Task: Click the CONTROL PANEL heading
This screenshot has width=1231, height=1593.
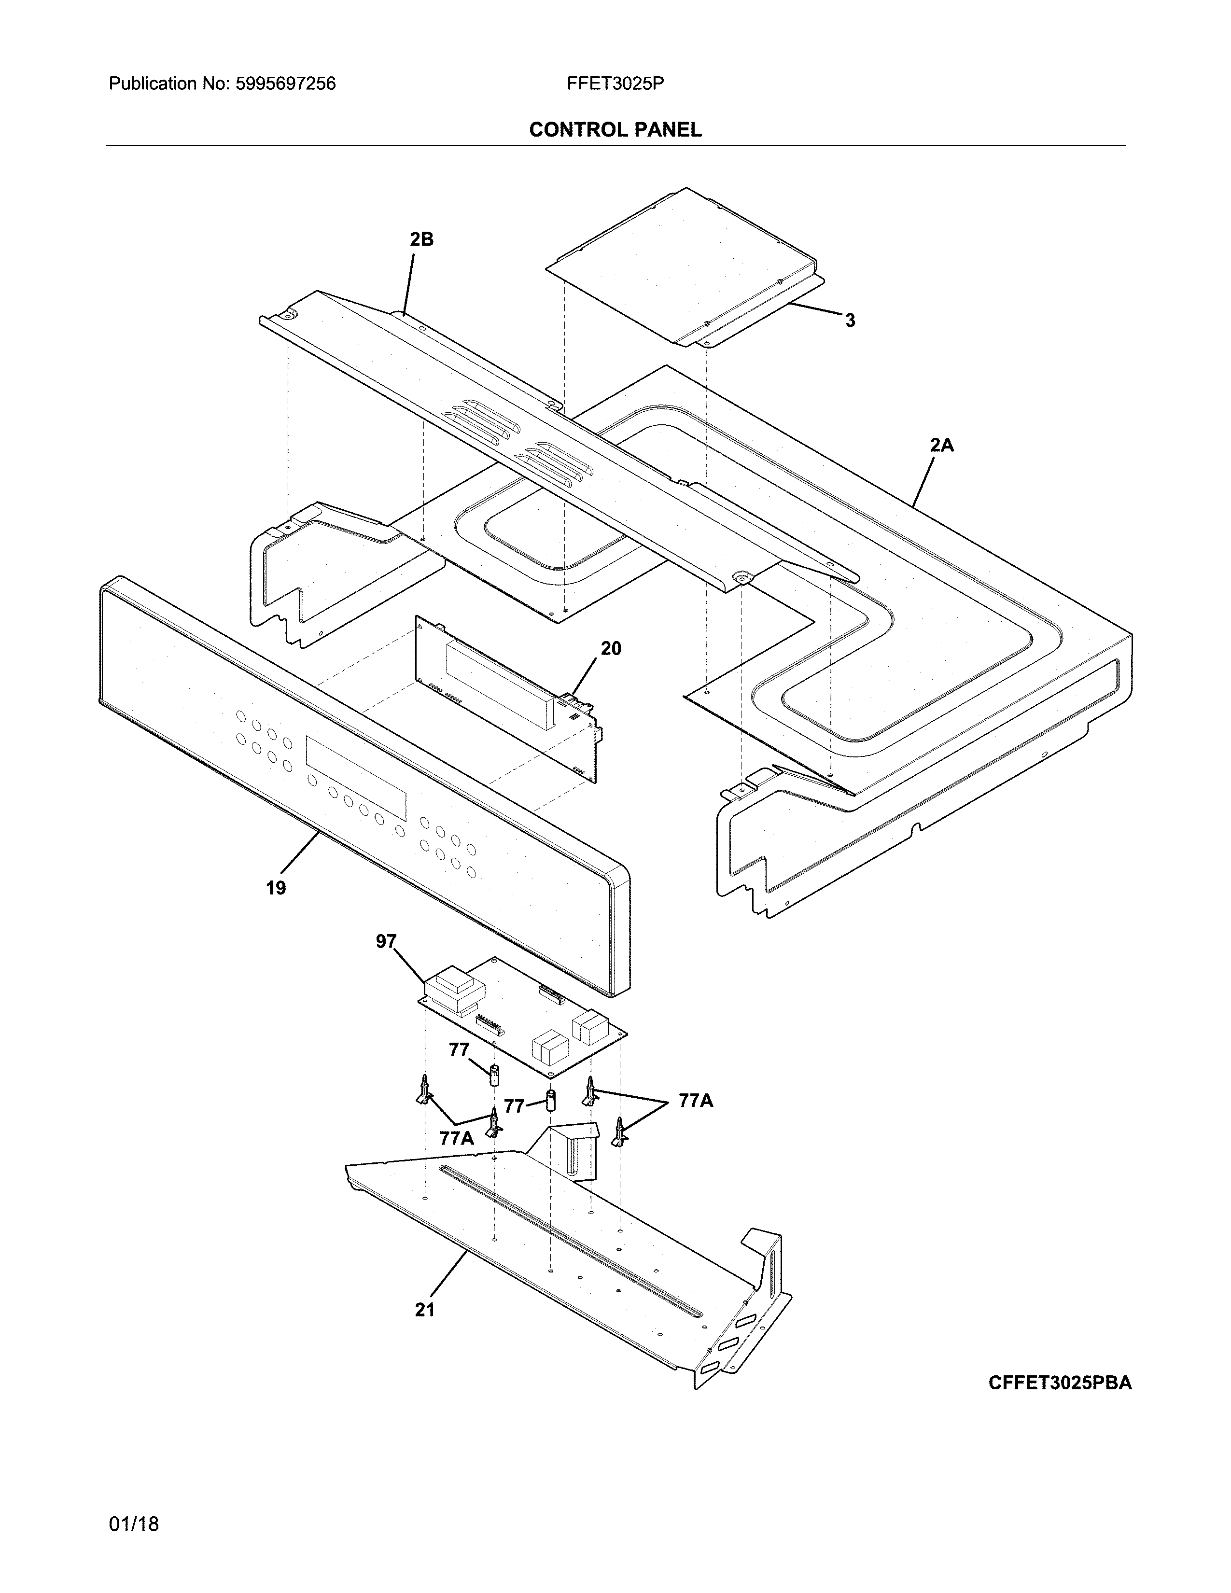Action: point(615,130)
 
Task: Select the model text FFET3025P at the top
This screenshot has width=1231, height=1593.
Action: point(615,84)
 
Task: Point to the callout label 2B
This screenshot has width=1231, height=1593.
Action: point(421,239)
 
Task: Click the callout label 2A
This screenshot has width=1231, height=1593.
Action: point(941,445)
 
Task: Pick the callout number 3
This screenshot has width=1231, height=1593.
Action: point(850,320)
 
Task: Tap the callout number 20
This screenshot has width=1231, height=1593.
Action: point(611,648)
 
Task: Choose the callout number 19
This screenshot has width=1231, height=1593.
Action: point(276,888)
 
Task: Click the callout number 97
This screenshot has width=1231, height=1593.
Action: point(386,942)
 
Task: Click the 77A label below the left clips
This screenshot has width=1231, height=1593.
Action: point(457,1138)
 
